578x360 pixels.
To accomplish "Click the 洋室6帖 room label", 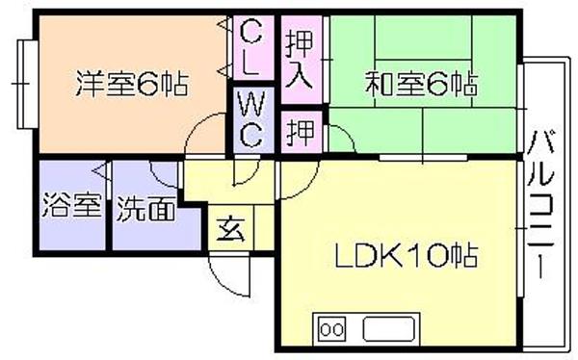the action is (132, 85).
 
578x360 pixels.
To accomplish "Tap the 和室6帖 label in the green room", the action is (421, 85).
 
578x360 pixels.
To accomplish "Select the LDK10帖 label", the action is (407, 255).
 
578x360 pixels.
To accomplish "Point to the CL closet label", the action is (251, 47).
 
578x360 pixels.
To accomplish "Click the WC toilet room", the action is (251, 119).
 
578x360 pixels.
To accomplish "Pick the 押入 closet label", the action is (299, 59).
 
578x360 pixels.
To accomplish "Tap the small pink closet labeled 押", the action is (302, 132).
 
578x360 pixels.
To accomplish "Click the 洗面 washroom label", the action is (146, 209).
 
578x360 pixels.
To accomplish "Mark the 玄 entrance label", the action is (231, 229).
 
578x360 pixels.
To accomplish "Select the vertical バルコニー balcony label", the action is (540, 204).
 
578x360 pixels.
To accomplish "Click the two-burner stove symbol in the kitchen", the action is (332, 329).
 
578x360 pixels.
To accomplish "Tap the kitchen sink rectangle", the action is (388, 329).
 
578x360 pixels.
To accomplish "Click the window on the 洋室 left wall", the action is (28, 85).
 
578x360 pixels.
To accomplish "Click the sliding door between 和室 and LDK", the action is (423, 158).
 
